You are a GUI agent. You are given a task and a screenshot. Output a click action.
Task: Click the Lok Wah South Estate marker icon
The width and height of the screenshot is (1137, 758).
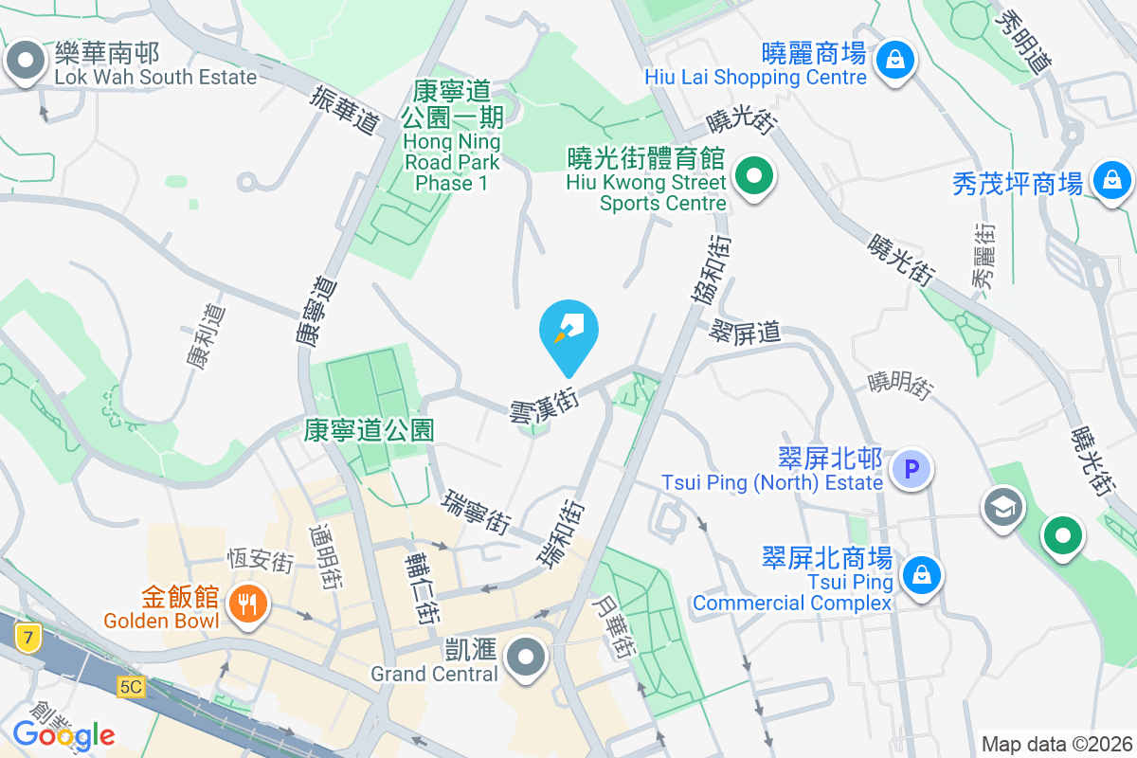[27, 62]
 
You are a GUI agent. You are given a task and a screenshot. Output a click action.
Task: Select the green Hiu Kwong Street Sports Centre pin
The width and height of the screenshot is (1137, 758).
[754, 176]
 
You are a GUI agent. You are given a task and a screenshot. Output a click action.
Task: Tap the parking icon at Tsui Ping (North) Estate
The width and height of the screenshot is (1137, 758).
[911, 468]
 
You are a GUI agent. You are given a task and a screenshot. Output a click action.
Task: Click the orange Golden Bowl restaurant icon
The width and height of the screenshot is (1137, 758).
[248, 601]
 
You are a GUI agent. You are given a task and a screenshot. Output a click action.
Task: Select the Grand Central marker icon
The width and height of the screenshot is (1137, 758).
[524, 657]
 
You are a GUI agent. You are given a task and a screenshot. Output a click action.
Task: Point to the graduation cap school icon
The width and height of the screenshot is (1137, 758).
[1002, 507]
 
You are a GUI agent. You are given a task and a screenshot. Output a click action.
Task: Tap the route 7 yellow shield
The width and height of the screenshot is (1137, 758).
[30, 639]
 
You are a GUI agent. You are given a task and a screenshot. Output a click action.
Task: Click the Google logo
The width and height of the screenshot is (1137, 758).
[63, 734]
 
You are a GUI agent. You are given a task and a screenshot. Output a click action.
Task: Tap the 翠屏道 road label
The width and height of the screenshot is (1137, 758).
[745, 332]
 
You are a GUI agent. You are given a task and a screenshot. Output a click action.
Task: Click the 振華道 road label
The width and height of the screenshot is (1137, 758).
[345, 110]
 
